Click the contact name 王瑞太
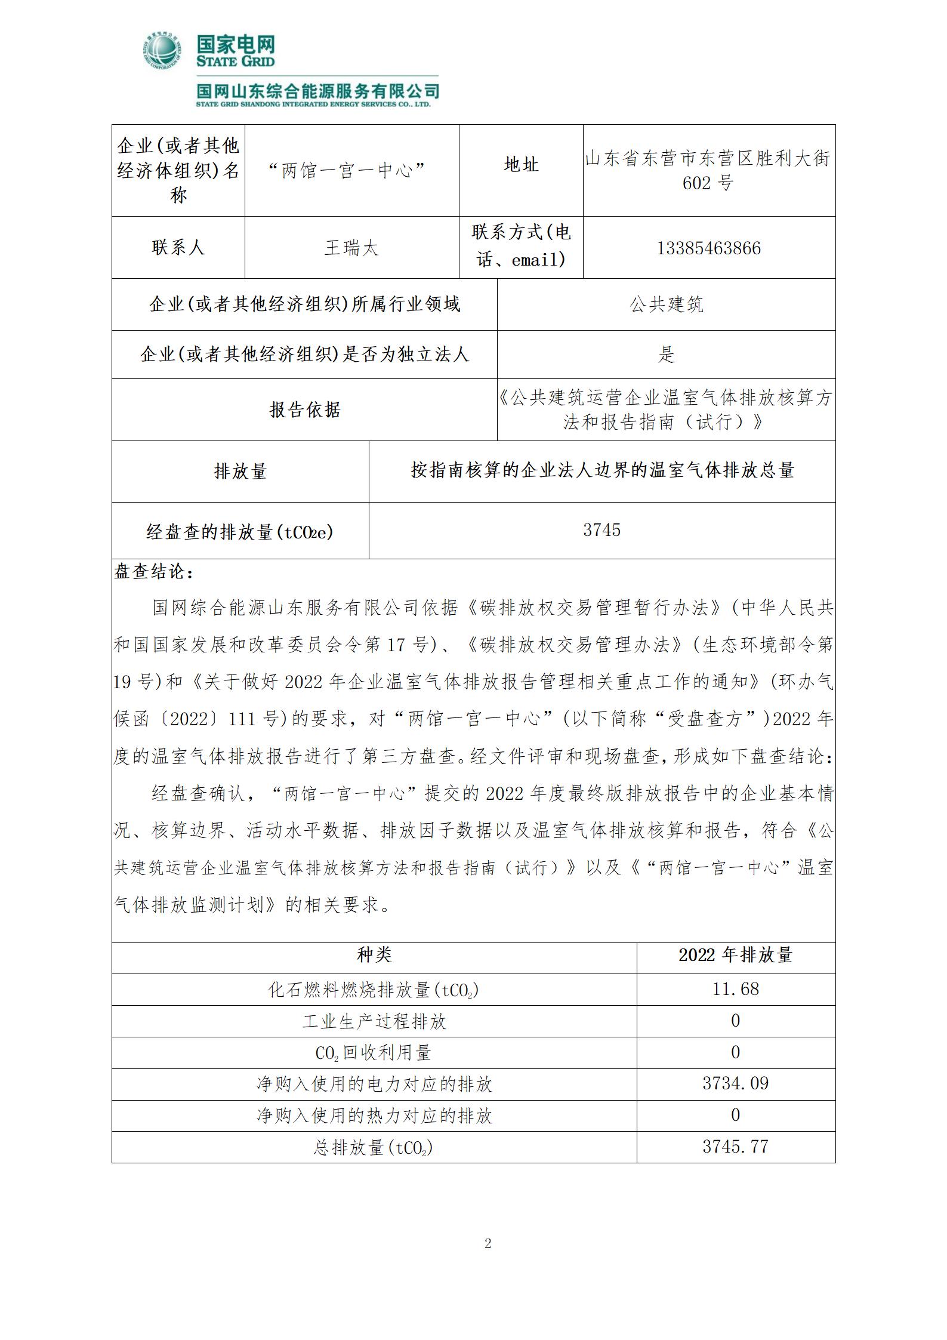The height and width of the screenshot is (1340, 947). tap(351, 248)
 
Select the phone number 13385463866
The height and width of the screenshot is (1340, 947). tap(708, 248)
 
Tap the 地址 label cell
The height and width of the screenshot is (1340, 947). tap(521, 165)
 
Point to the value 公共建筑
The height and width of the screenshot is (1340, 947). tap(666, 304)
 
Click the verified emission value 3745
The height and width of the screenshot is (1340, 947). tap(601, 530)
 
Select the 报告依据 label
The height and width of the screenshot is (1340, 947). tap(304, 410)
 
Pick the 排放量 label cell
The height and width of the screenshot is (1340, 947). tap(240, 472)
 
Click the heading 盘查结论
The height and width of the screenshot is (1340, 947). tap(153, 572)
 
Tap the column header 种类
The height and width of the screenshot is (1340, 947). tap(374, 955)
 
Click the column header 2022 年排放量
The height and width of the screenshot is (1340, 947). tap(735, 955)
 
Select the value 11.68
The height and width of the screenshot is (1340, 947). tap(735, 989)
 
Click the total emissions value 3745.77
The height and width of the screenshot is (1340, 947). tap(735, 1147)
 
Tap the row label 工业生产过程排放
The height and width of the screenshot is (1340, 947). tap(374, 1021)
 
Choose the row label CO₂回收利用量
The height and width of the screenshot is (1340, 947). tap(374, 1053)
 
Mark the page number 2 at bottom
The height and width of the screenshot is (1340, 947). tap(488, 1244)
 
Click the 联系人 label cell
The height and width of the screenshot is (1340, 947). tap(178, 248)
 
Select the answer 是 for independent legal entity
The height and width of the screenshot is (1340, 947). tap(666, 355)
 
